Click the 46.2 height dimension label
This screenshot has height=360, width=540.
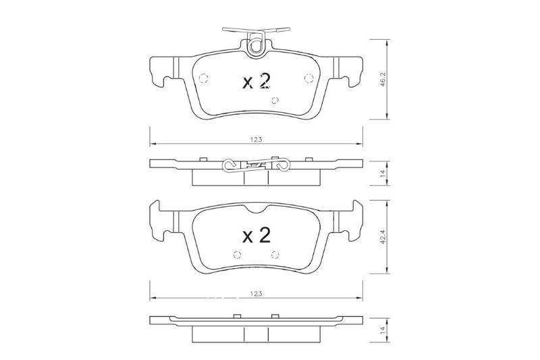click(382, 79)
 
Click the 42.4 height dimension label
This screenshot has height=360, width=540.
click(382, 237)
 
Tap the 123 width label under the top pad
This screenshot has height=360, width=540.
click(256, 140)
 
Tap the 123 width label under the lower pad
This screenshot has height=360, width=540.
click(256, 294)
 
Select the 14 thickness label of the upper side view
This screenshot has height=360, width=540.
click(382, 173)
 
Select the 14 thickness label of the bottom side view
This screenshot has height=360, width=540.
click(382, 330)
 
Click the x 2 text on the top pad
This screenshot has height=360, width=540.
click(256, 82)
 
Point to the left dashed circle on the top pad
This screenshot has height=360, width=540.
click(204, 78)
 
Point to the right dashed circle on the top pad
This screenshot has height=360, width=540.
click(308, 78)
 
